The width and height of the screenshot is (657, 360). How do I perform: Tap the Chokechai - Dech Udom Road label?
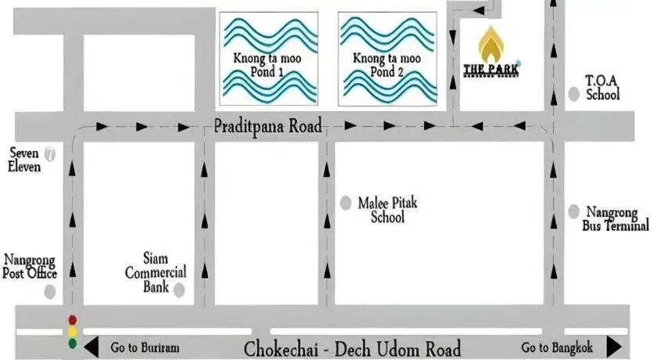click(x=352, y=348)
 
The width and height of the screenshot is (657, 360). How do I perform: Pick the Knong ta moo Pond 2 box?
click(x=386, y=59)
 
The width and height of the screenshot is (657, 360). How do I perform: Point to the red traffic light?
click(x=73, y=320)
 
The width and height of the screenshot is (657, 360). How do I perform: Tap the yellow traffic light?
click(x=73, y=331)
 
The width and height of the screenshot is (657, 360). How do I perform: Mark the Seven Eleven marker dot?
click(x=51, y=153)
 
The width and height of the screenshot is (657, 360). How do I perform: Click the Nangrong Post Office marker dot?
click(x=51, y=292)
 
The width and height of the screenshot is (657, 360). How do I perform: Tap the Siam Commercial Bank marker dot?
click(x=179, y=290)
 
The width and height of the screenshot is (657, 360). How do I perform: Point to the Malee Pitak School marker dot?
click(x=346, y=203)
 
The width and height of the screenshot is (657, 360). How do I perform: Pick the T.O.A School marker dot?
click(x=574, y=95)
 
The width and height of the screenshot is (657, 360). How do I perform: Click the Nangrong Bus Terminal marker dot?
click(x=573, y=211)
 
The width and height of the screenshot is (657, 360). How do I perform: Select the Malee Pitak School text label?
click(x=388, y=210)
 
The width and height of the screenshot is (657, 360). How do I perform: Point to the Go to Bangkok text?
click(x=558, y=347)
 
